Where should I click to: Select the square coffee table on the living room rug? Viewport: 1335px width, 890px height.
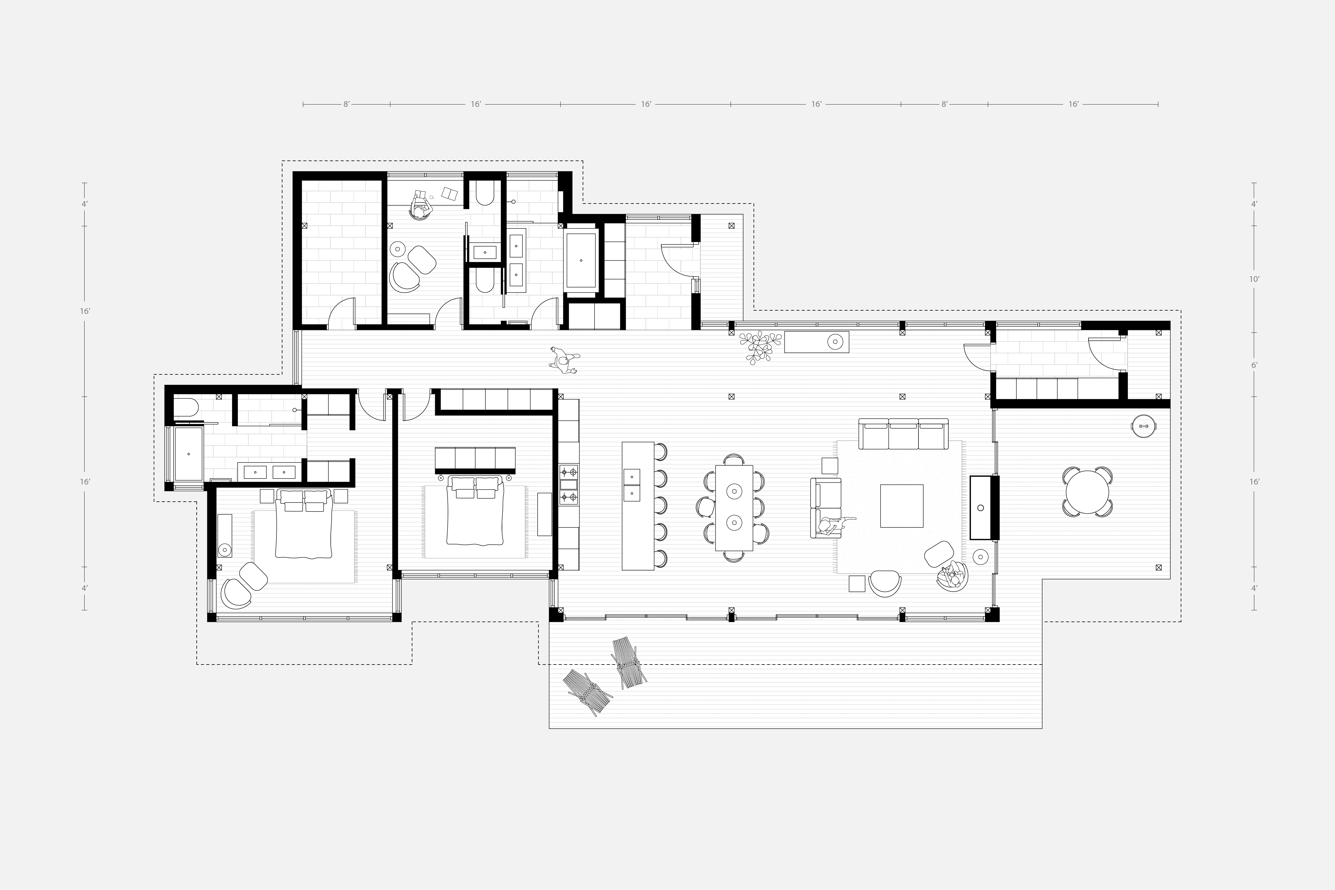901,506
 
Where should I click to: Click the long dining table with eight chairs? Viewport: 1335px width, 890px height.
734,507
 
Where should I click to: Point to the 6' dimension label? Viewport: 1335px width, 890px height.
1254,365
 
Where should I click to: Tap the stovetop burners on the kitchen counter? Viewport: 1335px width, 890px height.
569,485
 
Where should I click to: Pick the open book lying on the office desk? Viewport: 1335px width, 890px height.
449,194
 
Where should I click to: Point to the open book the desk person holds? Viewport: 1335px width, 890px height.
421,195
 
